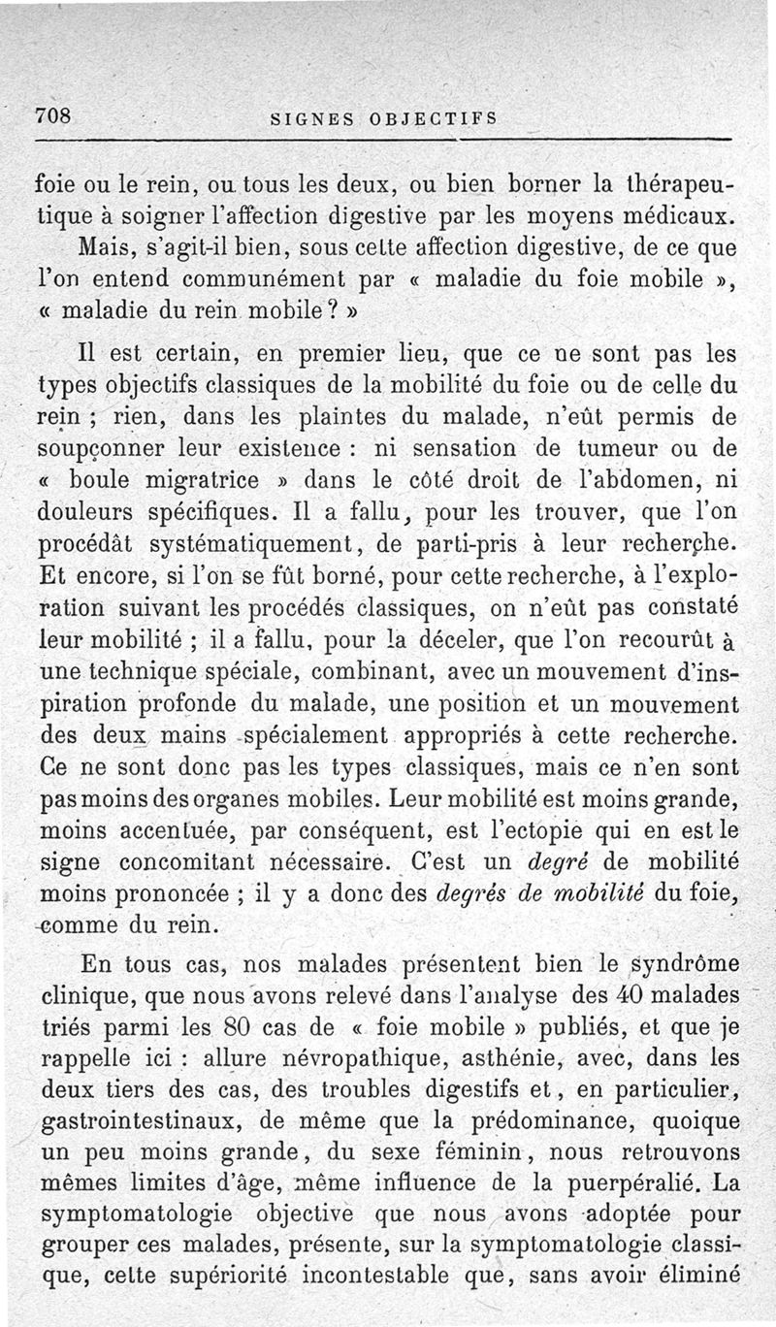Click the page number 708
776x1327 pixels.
click(x=55, y=115)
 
